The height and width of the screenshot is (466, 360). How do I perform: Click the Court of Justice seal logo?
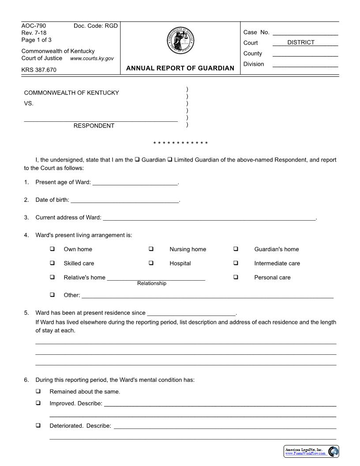[180, 41]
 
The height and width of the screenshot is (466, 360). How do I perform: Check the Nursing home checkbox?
[151, 249]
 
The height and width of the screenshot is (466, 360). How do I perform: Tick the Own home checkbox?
[52, 249]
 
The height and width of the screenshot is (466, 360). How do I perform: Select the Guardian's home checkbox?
[236, 249]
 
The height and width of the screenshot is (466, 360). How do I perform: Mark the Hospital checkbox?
[151, 263]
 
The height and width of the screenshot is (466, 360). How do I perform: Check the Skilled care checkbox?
[52, 263]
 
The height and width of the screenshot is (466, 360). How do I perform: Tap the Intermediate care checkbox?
[236, 263]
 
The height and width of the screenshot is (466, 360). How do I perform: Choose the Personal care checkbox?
[236, 277]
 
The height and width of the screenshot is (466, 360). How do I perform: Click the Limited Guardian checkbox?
[170, 159]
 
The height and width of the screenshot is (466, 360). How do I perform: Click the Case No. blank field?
[305, 32]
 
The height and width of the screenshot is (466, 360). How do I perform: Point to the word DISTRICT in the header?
[301, 42]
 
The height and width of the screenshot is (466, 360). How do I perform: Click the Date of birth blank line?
[125, 200]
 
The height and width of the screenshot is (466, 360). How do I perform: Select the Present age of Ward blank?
[135, 182]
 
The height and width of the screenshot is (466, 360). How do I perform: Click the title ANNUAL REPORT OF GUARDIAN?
[180, 68]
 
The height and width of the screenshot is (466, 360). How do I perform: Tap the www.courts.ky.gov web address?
[92, 58]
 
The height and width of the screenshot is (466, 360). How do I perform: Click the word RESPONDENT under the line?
[94, 126]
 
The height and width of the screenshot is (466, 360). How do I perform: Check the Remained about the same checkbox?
[38, 391]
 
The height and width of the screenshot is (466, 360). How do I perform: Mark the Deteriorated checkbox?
[38, 425]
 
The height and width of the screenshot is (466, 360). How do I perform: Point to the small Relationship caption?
[152, 283]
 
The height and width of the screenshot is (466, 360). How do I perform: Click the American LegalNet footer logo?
[311, 451]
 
